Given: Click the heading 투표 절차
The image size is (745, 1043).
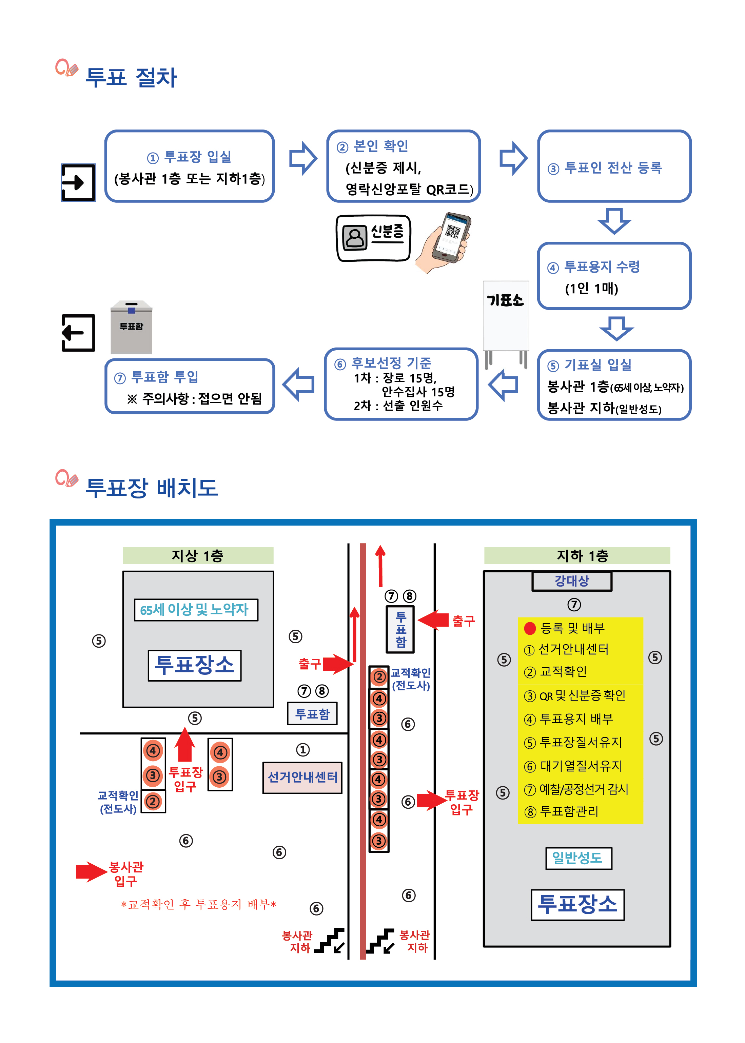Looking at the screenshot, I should click(x=131, y=77).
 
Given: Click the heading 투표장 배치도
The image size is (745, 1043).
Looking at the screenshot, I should click(x=151, y=487).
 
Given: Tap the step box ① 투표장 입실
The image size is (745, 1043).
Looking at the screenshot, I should click(x=190, y=166).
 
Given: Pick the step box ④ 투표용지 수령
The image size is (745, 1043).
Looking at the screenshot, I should click(x=614, y=276).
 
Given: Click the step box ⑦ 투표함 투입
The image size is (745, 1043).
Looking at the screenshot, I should click(x=190, y=386).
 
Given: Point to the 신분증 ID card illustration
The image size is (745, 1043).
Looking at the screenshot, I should click(x=373, y=238).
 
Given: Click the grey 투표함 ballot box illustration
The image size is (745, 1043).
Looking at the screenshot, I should click(x=131, y=327).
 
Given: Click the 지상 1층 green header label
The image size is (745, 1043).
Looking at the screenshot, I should click(x=198, y=555).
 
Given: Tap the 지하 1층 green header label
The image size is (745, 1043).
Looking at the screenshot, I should click(x=577, y=555).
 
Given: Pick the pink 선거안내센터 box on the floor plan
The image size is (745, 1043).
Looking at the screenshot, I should click(x=302, y=777).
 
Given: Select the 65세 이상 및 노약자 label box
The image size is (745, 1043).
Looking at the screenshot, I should click(x=196, y=610).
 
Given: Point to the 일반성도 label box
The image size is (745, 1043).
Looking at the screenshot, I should click(x=578, y=858).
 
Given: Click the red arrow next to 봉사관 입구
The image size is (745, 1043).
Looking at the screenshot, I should click(x=91, y=871).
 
